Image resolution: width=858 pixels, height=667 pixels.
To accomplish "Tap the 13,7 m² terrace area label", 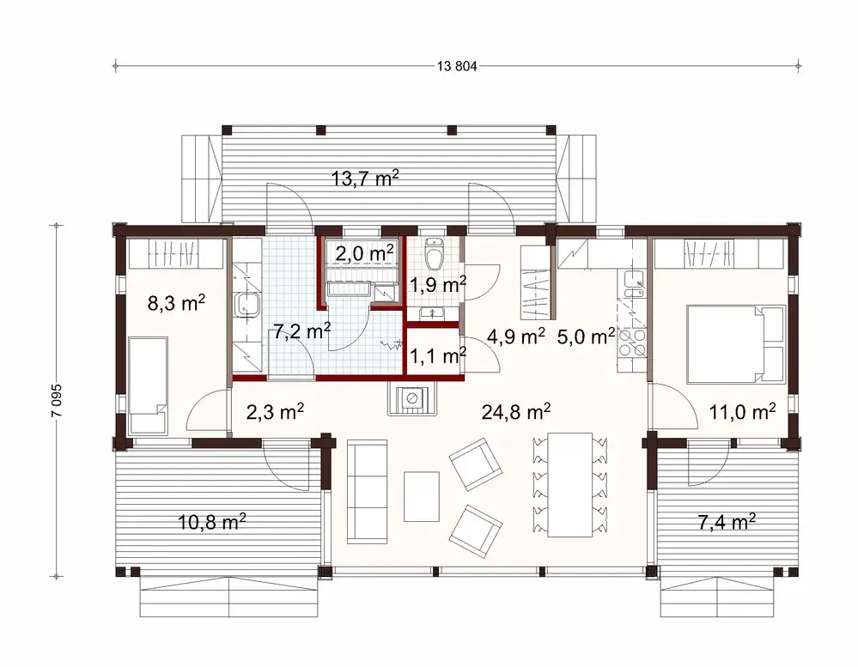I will tap(365, 179).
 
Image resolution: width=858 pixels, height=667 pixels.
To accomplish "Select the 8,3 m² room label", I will tap(176, 302).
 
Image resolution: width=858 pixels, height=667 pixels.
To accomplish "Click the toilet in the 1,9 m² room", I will tap(435, 254).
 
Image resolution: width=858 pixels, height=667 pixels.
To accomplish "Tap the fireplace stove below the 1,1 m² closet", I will tap(414, 398).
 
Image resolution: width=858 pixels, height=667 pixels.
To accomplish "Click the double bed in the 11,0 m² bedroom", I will tap(734, 343).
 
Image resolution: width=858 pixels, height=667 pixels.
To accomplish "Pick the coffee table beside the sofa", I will tap(421, 496).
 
